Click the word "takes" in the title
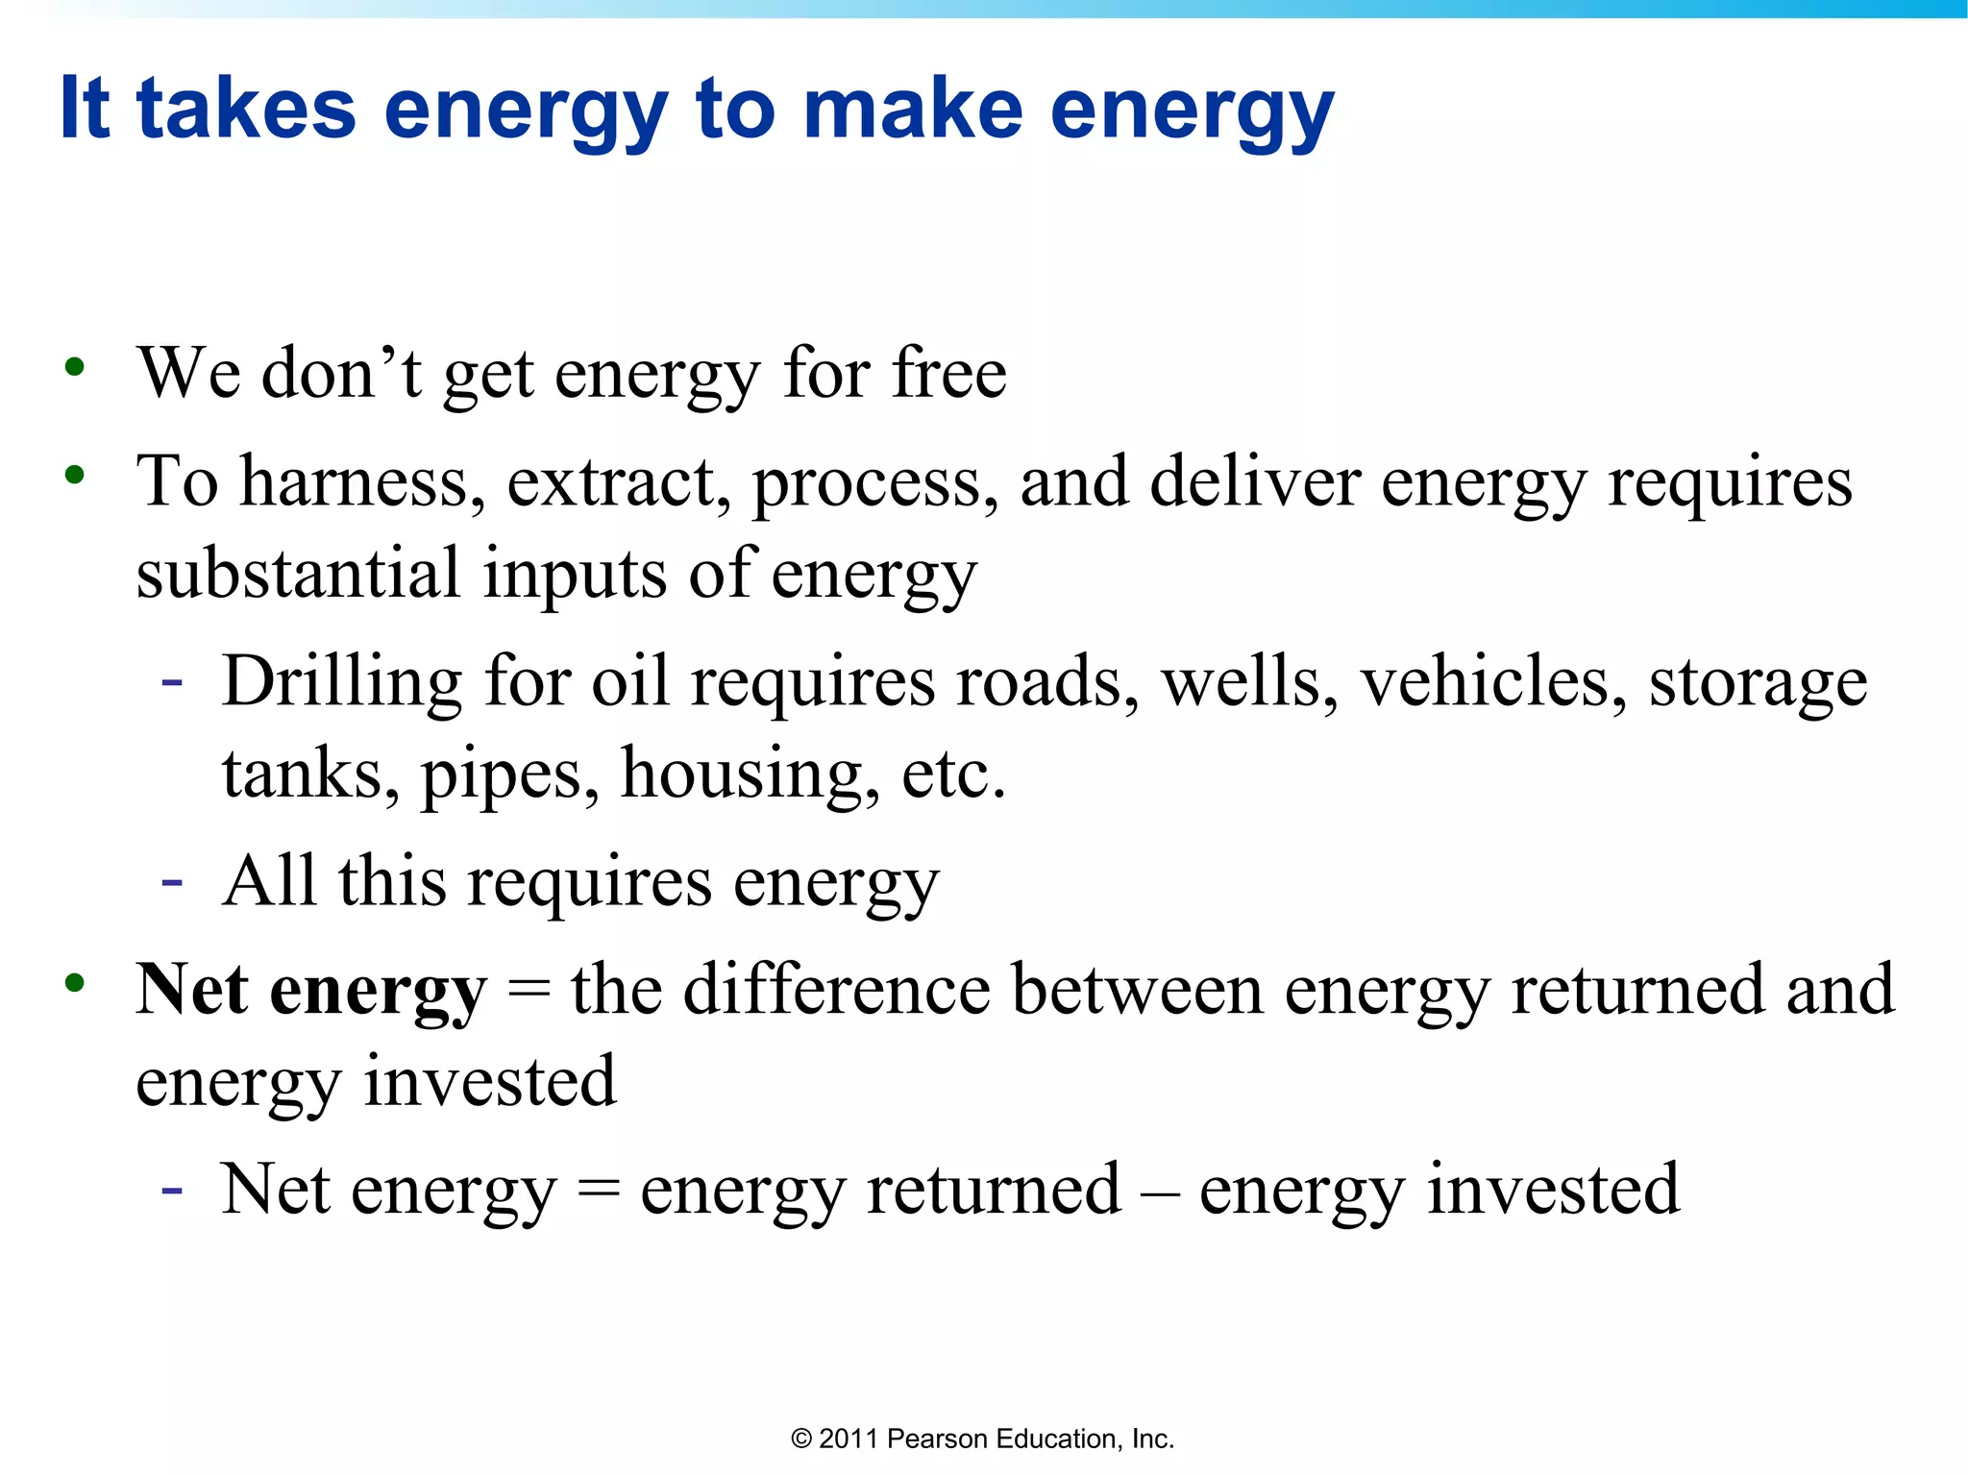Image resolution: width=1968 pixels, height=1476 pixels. [x=246, y=109]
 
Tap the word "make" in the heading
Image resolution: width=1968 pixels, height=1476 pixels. [x=913, y=109]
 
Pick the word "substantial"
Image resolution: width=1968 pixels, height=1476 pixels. [x=298, y=573]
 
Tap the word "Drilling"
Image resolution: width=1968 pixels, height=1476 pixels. [x=342, y=681]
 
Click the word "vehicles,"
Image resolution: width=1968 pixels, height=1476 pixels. [x=1493, y=681]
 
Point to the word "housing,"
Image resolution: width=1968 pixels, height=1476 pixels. [x=750, y=774]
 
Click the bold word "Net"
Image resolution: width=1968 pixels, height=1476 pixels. [x=192, y=989]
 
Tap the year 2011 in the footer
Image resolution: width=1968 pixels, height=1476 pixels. [x=849, y=1439]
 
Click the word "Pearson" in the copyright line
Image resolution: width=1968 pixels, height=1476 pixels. [x=937, y=1439]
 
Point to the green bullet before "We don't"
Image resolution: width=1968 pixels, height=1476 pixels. [x=74, y=368]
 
